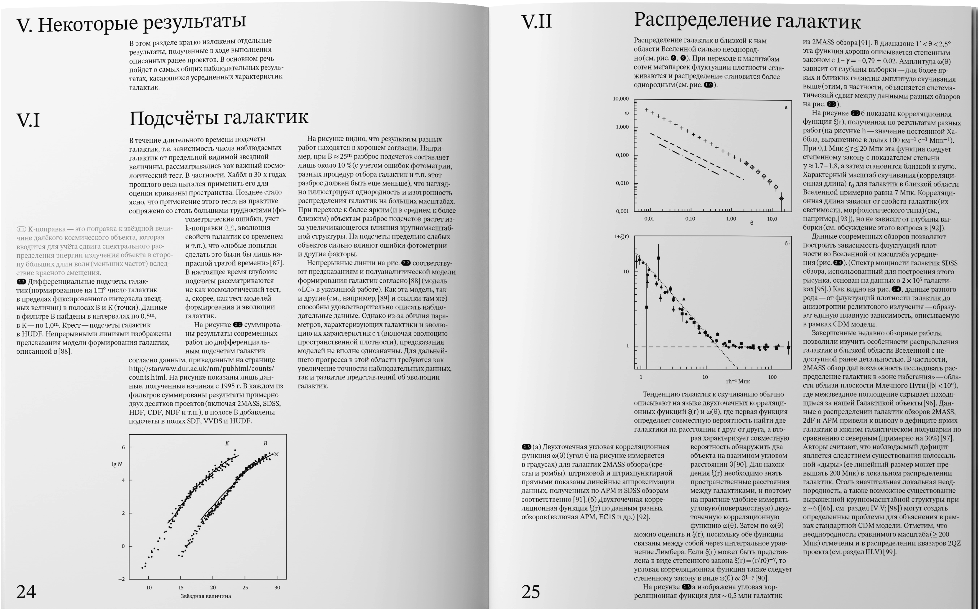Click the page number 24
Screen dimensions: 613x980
coord(26,592)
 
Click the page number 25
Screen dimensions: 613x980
coord(531,592)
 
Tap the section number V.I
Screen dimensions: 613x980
coord(28,120)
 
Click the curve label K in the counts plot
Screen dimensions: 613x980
coord(227,444)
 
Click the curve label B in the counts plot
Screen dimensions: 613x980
coord(266,444)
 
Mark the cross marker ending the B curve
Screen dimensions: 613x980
coord(277,454)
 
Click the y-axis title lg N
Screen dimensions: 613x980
coord(117,464)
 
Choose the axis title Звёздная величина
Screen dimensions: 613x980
coord(206,596)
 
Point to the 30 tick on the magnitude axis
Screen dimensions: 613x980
coord(277,588)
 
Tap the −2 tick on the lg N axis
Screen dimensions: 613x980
coord(122,579)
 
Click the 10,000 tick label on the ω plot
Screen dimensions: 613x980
coord(620,99)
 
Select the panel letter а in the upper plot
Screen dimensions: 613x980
coord(786,107)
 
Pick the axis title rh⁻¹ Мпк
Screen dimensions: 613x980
coord(738,382)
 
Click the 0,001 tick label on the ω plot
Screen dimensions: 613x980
coord(622,211)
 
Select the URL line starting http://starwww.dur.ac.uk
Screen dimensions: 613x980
coord(201,369)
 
